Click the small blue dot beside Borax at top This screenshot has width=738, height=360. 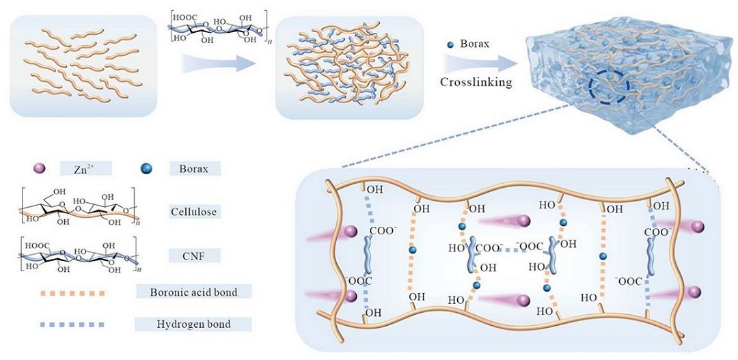point(449,46)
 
